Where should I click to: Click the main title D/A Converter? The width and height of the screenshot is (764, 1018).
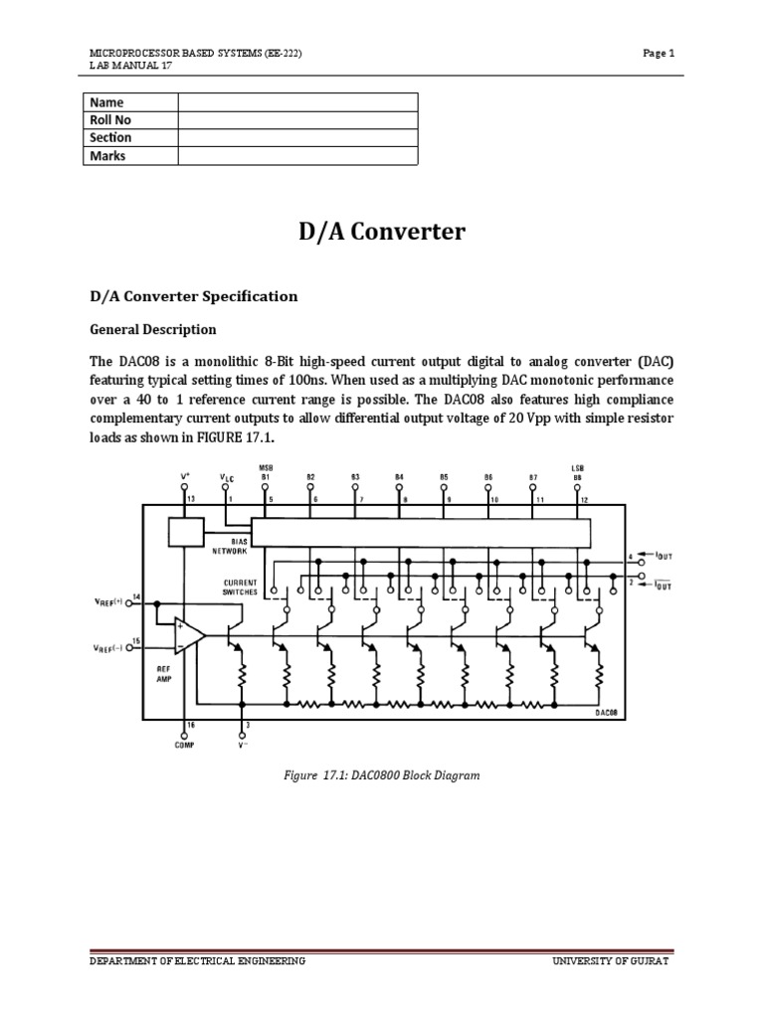tap(381, 233)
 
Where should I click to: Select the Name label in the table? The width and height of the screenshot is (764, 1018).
tap(106, 101)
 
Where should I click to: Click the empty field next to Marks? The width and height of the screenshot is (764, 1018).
tap(297, 156)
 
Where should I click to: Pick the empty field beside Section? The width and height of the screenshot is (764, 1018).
tap(297, 138)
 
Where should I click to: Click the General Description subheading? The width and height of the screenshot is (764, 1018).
tap(153, 329)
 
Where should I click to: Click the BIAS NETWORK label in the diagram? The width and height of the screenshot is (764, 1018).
tap(228, 546)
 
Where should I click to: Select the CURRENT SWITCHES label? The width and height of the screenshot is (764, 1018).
tap(240, 587)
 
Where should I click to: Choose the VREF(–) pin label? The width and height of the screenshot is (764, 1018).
tap(107, 647)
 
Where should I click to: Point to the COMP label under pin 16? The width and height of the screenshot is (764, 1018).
tap(182, 745)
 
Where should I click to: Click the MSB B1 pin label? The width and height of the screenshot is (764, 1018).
tap(266, 472)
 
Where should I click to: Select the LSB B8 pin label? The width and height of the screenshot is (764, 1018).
tap(577, 472)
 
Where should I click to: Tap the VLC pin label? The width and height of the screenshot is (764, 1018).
tap(227, 477)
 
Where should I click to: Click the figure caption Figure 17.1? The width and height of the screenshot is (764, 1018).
tap(382, 774)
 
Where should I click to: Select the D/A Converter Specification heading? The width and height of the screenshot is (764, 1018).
tap(194, 296)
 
